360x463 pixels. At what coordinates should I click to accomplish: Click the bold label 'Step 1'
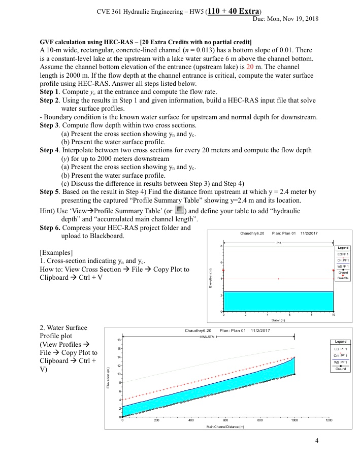[50, 91]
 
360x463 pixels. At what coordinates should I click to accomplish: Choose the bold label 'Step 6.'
[50, 228]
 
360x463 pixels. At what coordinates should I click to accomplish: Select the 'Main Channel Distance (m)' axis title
[225, 425]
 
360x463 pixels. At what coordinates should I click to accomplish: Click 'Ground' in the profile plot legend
[340, 369]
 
